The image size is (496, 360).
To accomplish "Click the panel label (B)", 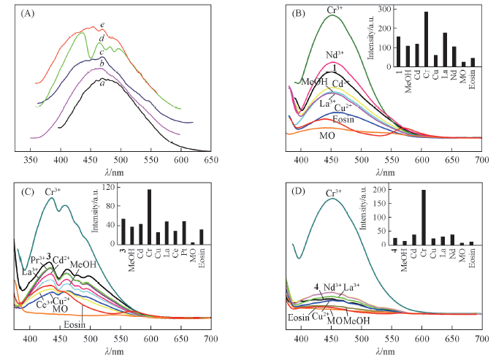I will tap(290, 12).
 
